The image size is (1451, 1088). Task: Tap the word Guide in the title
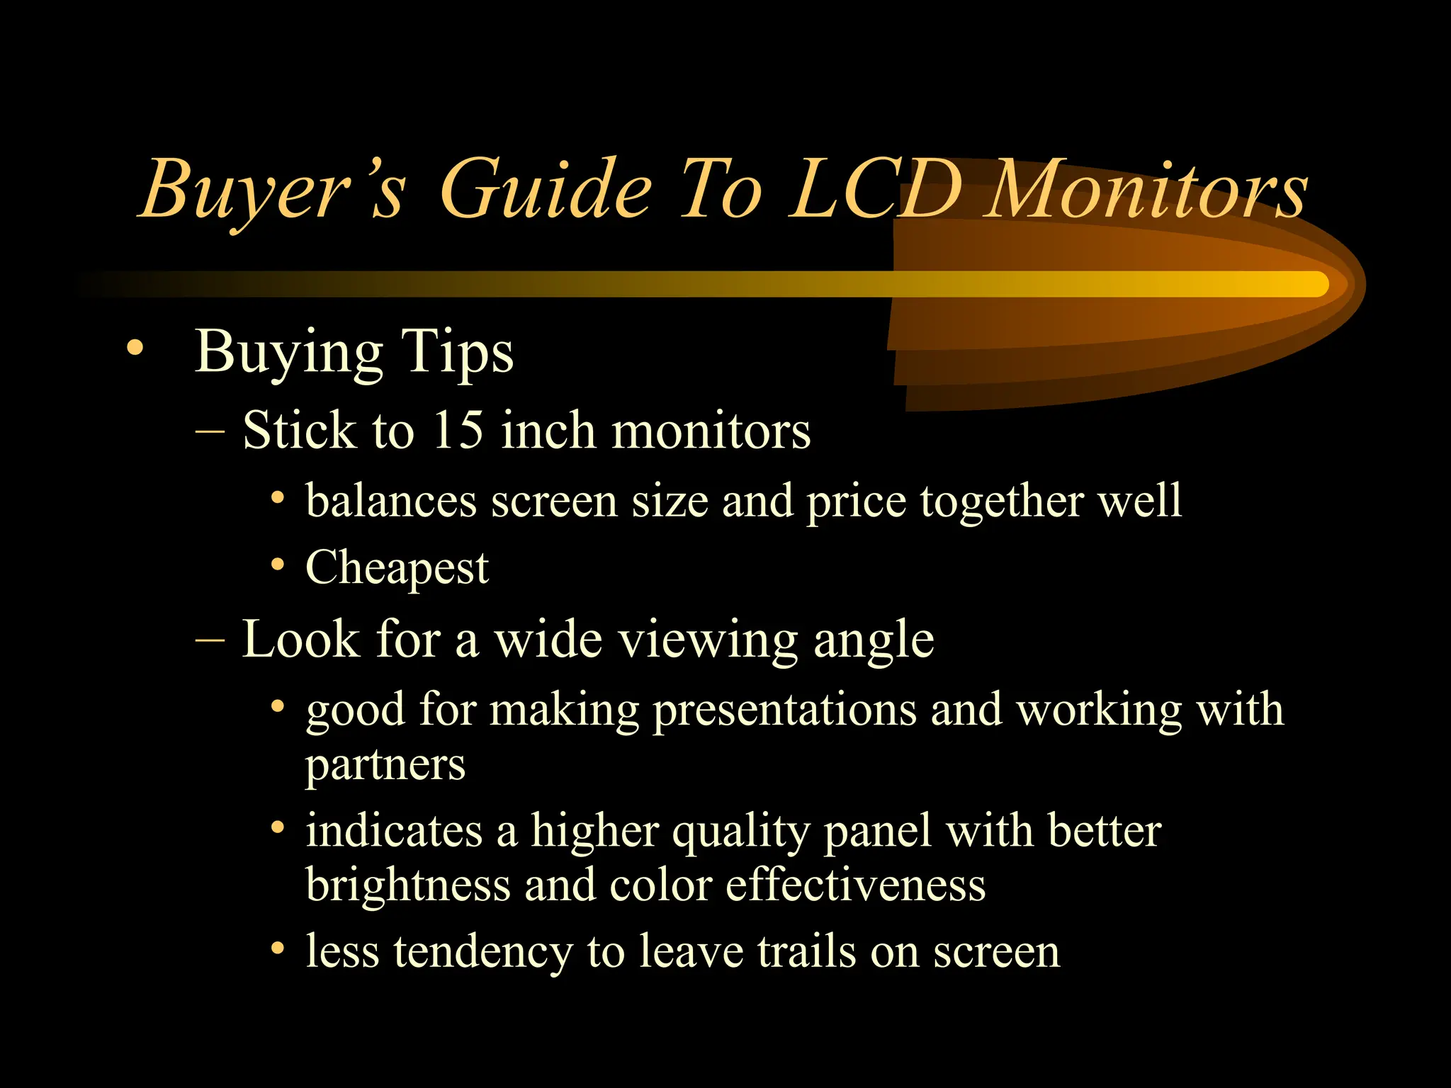pos(545,190)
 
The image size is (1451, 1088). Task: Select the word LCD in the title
pos(876,190)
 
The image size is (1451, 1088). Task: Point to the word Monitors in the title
pos(1147,190)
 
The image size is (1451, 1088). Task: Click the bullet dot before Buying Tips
pos(135,348)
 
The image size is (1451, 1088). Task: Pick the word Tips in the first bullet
pos(457,352)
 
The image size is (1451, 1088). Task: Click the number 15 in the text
pos(458,429)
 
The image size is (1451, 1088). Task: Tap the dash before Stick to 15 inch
pos(210,430)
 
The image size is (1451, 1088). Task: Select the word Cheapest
pos(397,568)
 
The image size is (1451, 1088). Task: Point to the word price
pos(856,501)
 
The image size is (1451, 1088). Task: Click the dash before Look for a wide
pos(210,640)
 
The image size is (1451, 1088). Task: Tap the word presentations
pos(784,710)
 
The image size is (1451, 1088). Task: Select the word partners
pos(385,765)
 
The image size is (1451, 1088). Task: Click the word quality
pos(740,832)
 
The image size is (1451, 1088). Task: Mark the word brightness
pos(408,885)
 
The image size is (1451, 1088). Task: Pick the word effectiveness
pos(855,885)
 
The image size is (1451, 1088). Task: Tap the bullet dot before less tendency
pos(278,948)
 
